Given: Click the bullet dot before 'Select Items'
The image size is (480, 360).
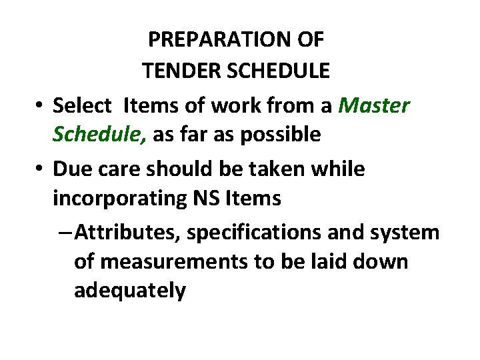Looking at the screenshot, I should click(x=40, y=105).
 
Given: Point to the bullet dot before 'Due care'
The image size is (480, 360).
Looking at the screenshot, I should click(x=40, y=169).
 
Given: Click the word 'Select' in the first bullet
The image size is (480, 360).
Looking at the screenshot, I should click(x=81, y=105).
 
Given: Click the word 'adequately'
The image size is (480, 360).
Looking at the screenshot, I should click(x=130, y=291).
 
